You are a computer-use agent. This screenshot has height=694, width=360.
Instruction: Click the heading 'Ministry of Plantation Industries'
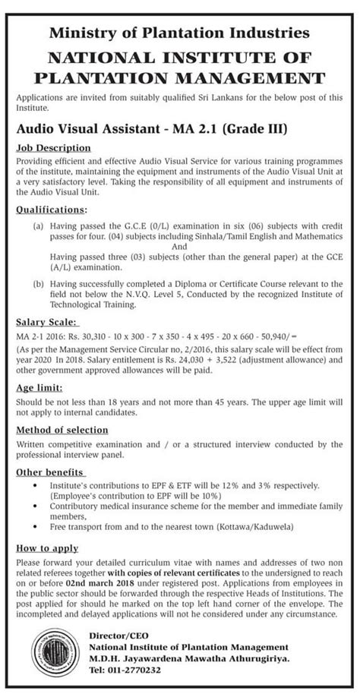pyautogui.click(x=180, y=33)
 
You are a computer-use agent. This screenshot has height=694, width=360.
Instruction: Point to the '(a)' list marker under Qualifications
pyautogui.click(x=37, y=226)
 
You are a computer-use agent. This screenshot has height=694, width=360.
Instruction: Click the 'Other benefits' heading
pyautogui.click(x=49, y=471)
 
